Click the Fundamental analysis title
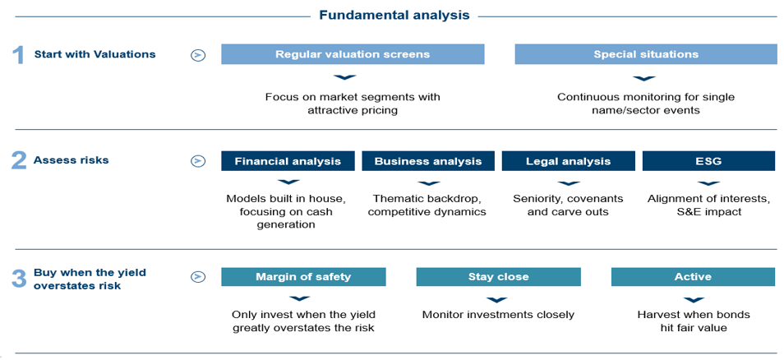point(394,15)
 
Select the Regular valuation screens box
point(353,54)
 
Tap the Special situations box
point(645,54)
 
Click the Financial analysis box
point(288,161)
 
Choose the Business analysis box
point(428,161)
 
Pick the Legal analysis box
point(568,161)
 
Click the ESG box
point(709,161)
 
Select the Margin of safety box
point(303,276)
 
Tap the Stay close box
point(499,276)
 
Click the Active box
point(693,276)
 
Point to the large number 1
point(18,55)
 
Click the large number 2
point(19,161)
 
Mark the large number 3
point(19,279)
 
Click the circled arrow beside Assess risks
point(198,161)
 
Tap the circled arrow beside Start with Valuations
point(198,55)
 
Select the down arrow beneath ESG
point(708,183)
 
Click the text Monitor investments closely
point(499,315)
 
